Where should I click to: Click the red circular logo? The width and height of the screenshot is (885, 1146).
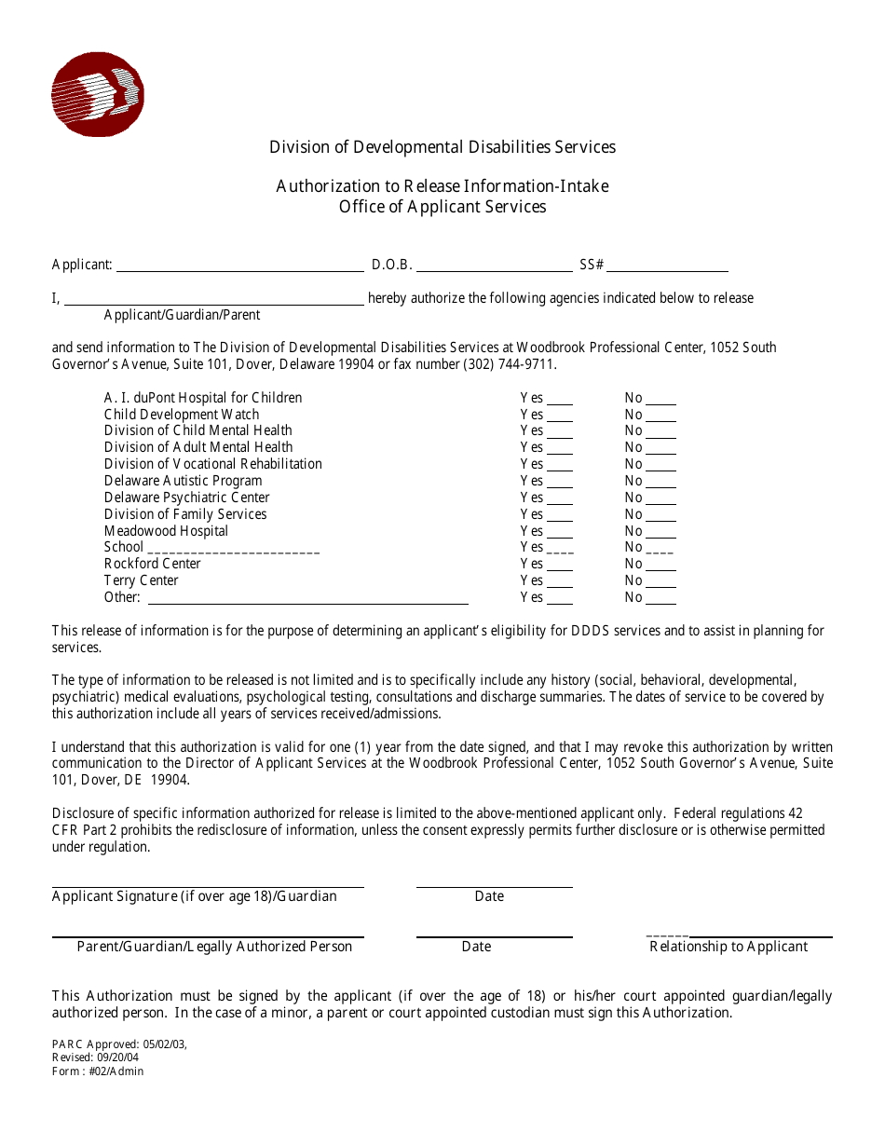pyautogui.click(x=97, y=94)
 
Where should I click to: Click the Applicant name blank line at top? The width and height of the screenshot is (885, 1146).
pyautogui.click(x=239, y=267)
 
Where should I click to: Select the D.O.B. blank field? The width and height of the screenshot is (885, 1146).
pyautogui.click(x=494, y=267)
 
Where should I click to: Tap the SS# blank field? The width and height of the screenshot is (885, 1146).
pyautogui.click(x=667, y=267)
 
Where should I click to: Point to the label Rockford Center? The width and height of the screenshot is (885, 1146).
pyautogui.click(x=153, y=564)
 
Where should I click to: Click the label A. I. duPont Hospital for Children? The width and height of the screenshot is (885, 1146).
pyautogui.click(x=203, y=398)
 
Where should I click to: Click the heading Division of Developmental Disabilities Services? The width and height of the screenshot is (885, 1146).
pyautogui.click(x=442, y=147)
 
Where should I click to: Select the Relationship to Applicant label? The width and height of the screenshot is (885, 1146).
pyautogui.click(x=728, y=947)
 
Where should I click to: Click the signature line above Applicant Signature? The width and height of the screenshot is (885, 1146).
pyautogui.click(x=208, y=886)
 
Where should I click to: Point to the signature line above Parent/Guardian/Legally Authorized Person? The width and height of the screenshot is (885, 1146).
pyautogui.click(x=208, y=936)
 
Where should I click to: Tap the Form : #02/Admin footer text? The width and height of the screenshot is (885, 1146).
pyautogui.click(x=98, y=1071)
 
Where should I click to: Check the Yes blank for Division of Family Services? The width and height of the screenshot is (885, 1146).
pyautogui.click(x=560, y=516)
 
